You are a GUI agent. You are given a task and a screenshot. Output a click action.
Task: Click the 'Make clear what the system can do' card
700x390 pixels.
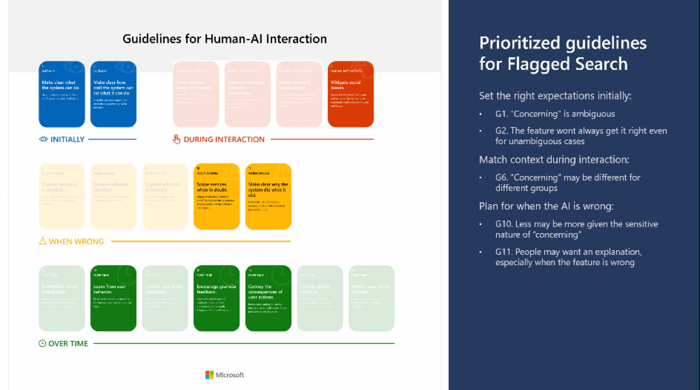pyautogui.click(x=61, y=94)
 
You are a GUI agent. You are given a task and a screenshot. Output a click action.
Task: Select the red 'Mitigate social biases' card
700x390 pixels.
pyautogui.click(x=350, y=94)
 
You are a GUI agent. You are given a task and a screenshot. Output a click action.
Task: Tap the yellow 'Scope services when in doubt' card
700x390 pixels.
pyautogui.click(x=216, y=197)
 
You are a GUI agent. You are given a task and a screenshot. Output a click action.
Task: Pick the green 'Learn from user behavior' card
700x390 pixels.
pyautogui.click(x=113, y=298)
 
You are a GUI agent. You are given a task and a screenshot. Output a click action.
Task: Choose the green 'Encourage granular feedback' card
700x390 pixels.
pyautogui.click(x=216, y=298)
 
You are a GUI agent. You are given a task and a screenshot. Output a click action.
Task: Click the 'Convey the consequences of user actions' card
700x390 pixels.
pyautogui.click(x=268, y=298)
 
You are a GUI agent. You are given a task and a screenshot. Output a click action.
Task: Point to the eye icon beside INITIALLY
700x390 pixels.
pyautogui.click(x=43, y=139)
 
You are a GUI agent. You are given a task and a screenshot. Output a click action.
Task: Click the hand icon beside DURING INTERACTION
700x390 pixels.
pyautogui.click(x=176, y=139)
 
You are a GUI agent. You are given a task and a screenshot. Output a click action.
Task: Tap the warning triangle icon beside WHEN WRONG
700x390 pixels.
pyautogui.click(x=43, y=241)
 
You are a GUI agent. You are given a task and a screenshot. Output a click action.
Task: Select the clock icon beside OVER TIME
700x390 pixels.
pyautogui.click(x=42, y=343)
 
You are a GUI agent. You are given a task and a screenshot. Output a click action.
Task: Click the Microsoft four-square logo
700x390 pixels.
pyautogui.click(x=209, y=374)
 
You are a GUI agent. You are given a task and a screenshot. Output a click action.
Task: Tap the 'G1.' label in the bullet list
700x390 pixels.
pyautogui.click(x=502, y=114)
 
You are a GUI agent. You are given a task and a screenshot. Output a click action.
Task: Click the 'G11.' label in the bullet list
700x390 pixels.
pyautogui.click(x=504, y=252)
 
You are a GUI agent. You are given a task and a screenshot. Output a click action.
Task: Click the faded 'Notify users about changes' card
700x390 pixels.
pyautogui.click(x=371, y=298)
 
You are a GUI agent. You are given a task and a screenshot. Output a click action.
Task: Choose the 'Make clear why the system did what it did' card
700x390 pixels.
pyautogui.click(x=268, y=197)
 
